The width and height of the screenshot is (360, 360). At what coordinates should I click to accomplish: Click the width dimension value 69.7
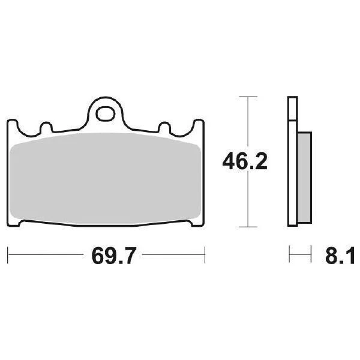point(108,256)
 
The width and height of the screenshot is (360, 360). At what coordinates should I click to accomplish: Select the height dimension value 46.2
point(244,161)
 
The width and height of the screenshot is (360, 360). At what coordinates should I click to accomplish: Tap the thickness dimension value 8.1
point(342,256)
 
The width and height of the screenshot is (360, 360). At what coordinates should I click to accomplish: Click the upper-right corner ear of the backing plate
point(200,124)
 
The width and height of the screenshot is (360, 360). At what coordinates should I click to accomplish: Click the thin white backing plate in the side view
point(292,162)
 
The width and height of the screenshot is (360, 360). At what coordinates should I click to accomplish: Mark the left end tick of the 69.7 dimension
point(9,255)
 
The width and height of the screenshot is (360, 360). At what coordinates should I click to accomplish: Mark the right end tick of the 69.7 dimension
point(206,255)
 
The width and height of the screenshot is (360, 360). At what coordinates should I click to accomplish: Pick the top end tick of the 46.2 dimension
point(244,96)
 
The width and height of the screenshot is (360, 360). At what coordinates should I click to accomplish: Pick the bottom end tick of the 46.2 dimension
point(244,227)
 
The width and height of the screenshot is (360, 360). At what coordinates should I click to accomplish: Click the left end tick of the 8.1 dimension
point(289,255)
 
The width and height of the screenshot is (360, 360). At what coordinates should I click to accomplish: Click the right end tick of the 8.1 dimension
point(311,255)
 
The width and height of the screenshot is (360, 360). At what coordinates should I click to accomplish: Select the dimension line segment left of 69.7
point(48,255)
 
